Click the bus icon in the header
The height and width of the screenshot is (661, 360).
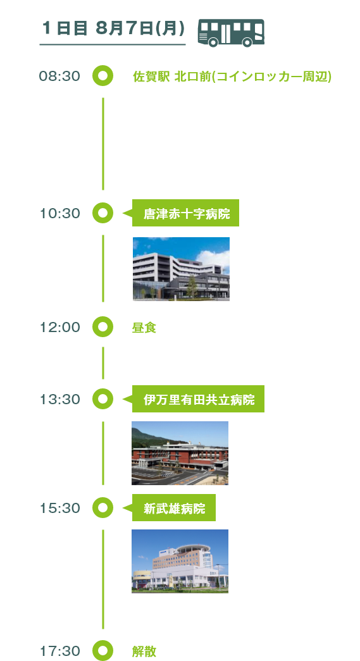pos(231,33)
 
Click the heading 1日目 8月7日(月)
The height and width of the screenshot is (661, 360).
pos(113,28)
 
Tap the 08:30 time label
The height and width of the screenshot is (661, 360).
pos(59,77)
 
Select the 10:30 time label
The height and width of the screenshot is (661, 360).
pos(59,213)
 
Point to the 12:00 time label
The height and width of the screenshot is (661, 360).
pos(59,327)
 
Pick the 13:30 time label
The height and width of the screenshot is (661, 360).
pos(59,399)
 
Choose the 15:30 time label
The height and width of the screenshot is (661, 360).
pos(59,508)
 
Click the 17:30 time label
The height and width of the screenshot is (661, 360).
pos(59,651)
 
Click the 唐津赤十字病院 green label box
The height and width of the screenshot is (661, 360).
pos(185,213)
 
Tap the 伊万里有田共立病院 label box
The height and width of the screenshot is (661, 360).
pos(198,398)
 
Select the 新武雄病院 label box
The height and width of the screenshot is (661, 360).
pos(174,507)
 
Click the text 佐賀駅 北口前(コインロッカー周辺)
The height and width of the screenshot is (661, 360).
pos(232,77)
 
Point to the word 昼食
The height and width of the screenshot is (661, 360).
pos(144,328)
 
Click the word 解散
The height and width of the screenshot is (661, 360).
pos(144,652)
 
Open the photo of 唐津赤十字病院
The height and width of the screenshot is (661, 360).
pos(181,269)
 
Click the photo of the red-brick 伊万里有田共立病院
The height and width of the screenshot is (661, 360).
pos(180,453)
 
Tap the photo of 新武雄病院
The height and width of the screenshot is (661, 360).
pos(180,562)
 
